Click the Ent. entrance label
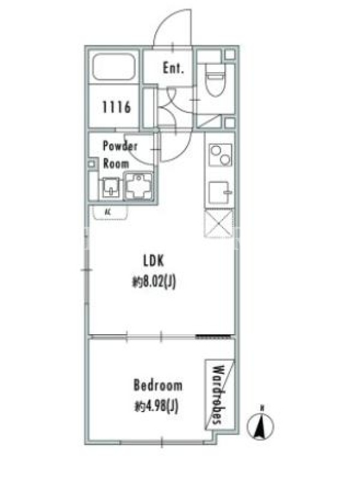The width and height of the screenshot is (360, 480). pos(173,68)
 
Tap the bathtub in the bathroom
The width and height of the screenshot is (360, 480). pos(113,67)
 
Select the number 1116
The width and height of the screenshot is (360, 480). pos(116,107)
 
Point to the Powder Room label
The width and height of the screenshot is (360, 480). pos(119,155)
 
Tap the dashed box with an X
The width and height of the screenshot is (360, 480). pos(218,223)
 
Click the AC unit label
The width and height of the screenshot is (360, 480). pos(107,212)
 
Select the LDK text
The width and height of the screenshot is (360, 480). pos(154,260)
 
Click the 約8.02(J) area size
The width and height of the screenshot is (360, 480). pos(154,282)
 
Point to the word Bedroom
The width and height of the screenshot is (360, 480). pos(158,385)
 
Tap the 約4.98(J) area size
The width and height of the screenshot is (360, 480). pos(156,406)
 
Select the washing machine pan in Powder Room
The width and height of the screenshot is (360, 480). pos(139,186)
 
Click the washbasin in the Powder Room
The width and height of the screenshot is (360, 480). pos(110,187)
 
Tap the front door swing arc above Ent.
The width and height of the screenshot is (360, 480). pos(172,28)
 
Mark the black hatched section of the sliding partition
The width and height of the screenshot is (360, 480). pos(214,337)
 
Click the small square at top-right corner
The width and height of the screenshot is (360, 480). pos(230,55)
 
